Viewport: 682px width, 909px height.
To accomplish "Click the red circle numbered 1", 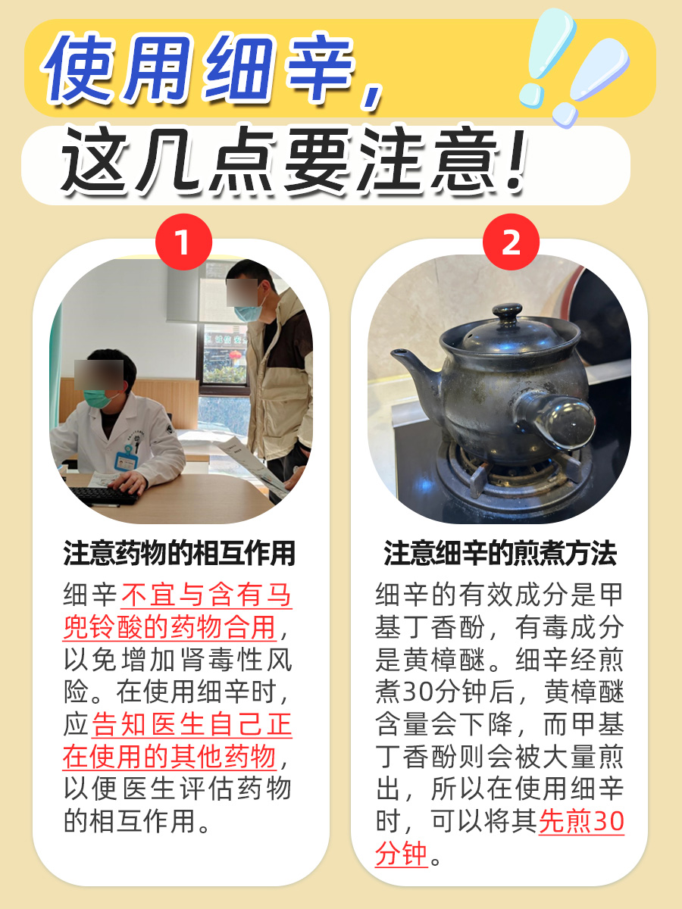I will click(182, 242).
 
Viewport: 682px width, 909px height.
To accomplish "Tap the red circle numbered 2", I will click(511, 242).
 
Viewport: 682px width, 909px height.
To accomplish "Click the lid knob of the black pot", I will click(507, 314).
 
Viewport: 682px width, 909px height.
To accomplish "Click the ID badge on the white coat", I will click(126, 459).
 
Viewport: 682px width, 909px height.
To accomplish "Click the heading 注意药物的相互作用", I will click(179, 554).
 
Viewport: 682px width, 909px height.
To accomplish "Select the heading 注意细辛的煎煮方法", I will click(500, 554).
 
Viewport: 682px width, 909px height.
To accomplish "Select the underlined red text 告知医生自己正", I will click(192, 725).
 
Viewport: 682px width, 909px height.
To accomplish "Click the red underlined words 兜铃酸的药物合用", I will click(167, 627).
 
